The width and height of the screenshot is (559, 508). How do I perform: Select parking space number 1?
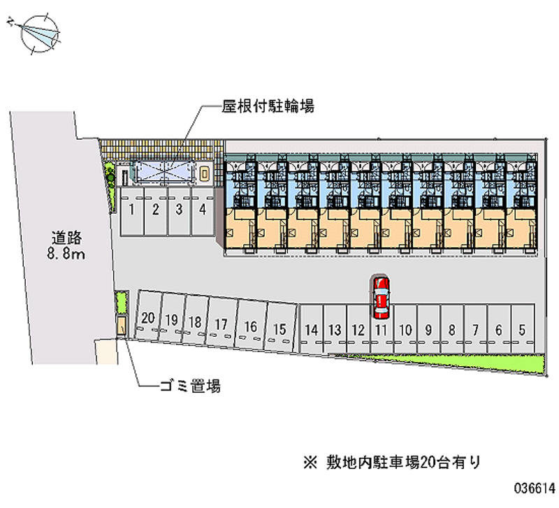tap(132, 209)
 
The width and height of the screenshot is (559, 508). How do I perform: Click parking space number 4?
tap(202, 209)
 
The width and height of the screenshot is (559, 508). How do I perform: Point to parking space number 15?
tap(279, 328)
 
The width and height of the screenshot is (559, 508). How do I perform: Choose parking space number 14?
tap(312, 329)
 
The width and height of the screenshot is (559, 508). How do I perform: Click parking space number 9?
tap(428, 329)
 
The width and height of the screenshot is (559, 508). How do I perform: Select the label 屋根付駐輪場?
tap(268, 107)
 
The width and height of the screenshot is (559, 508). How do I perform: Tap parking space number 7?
tap(475, 329)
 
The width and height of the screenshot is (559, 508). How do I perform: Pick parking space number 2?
tap(156, 209)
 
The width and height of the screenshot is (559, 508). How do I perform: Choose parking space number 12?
tap(358, 329)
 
